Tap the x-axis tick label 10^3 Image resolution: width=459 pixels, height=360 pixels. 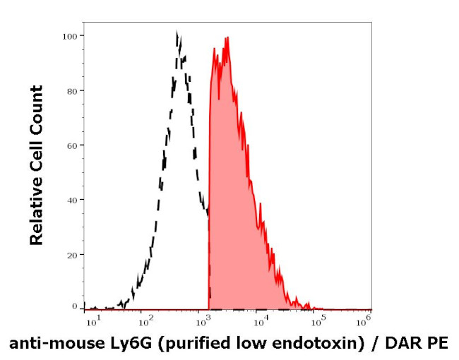205,321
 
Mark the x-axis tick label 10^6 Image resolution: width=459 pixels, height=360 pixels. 364,321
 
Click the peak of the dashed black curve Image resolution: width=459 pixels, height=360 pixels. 177,32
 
